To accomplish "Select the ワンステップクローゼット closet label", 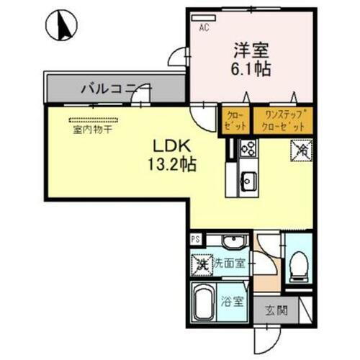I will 286,120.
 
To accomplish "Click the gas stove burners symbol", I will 248,148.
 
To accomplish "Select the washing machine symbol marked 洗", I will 202,264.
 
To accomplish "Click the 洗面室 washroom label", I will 229,264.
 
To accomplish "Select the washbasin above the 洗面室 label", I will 232,243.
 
